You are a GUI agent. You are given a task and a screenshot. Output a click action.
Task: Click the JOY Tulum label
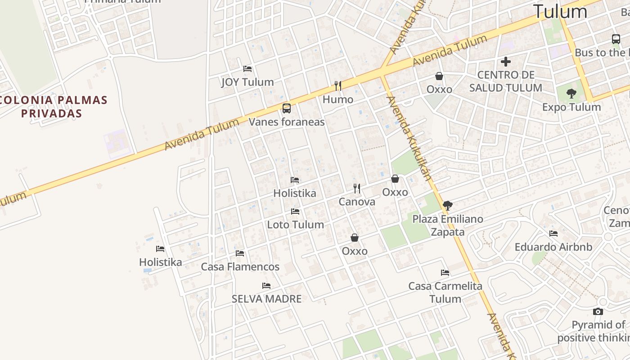click(x=247, y=82)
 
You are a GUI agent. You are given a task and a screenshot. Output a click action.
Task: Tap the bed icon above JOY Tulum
click(x=247, y=69)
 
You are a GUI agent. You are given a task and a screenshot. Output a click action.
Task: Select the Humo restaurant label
click(x=338, y=99)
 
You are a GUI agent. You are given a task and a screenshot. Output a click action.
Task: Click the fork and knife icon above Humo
click(x=338, y=85)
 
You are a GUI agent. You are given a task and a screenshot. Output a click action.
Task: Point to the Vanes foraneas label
click(x=287, y=121)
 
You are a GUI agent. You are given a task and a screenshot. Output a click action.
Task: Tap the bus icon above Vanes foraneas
click(x=287, y=108)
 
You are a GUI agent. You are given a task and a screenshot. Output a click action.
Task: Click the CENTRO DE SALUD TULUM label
click(x=506, y=81)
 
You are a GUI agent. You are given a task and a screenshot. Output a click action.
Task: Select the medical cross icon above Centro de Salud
click(x=506, y=62)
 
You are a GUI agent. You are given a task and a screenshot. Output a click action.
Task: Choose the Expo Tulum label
click(x=571, y=107)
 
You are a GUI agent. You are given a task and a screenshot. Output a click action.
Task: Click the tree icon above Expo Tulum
click(x=571, y=94)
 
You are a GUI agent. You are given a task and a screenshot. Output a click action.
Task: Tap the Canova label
click(x=357, y=202)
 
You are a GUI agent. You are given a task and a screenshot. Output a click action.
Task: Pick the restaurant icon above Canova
click(x=357, y=189)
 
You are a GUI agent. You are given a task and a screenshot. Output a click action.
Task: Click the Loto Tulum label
click(x=296, y=225)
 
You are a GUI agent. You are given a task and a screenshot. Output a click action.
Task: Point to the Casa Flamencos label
click(x=240, y=267)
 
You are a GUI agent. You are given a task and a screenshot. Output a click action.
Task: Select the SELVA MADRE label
click(x=266, y=299)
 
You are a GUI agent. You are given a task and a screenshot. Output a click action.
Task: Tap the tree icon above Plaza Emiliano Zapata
click(x=447, y=206)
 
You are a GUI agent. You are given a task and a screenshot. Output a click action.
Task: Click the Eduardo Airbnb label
click(x=553, y=247)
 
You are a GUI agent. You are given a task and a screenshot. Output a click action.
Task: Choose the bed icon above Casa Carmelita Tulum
click(x=445, y=273)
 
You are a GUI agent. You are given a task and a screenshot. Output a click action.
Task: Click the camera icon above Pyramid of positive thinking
click(x=598, y=311)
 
